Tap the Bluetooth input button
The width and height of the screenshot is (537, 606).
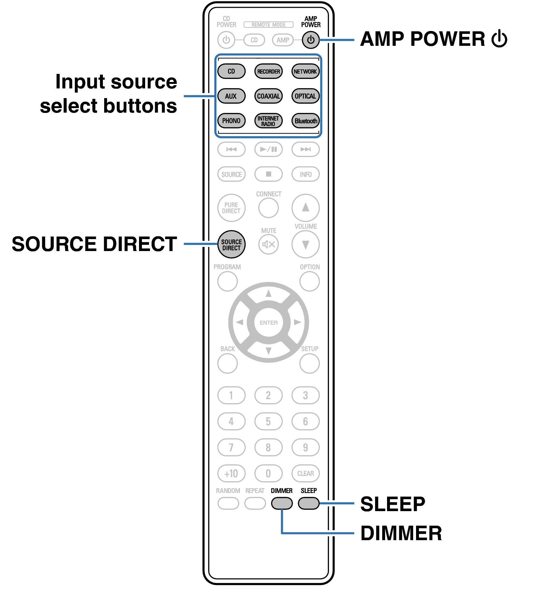tap(305, 121)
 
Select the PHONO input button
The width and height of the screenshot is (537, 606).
tap(231, 121)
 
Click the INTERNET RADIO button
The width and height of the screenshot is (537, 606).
tap(268, 121)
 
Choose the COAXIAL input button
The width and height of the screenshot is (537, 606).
tap(268, 96)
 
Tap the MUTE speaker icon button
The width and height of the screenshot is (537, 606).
tap(268, 244)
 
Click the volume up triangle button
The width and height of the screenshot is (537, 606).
tap(305, 207)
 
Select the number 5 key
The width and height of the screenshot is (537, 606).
tap(268, 421)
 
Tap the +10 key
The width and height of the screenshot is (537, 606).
tap(231, 473)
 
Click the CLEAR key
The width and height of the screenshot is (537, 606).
tap(305, 473)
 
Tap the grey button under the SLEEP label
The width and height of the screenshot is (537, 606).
tap(309, 503)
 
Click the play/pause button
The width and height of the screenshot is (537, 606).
tap(268, 149)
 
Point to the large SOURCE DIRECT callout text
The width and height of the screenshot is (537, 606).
tap(94, 244)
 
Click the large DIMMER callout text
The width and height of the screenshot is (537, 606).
tap(401, 533)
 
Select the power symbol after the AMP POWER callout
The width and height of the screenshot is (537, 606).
tap(499, 38)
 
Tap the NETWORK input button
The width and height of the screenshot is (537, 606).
tap(305, 71)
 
